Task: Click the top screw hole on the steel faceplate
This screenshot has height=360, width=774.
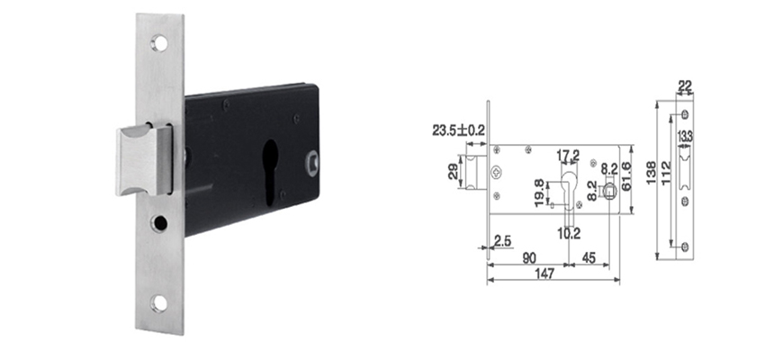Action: (x=159, y=43)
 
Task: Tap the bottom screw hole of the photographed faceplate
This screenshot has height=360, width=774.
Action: (x=159, y=303)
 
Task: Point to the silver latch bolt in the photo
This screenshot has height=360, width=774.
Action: (x=144, y=159)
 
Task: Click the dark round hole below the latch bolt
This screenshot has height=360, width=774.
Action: (x=159, y=224)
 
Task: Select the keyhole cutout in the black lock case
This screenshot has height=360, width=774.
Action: (x=270, y=171)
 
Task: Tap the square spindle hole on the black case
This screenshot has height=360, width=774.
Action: (x=312, y=163)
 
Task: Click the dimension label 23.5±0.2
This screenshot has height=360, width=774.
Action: (x=459, y=130)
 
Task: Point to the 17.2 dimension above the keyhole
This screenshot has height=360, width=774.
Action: (x=568, y=156)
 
